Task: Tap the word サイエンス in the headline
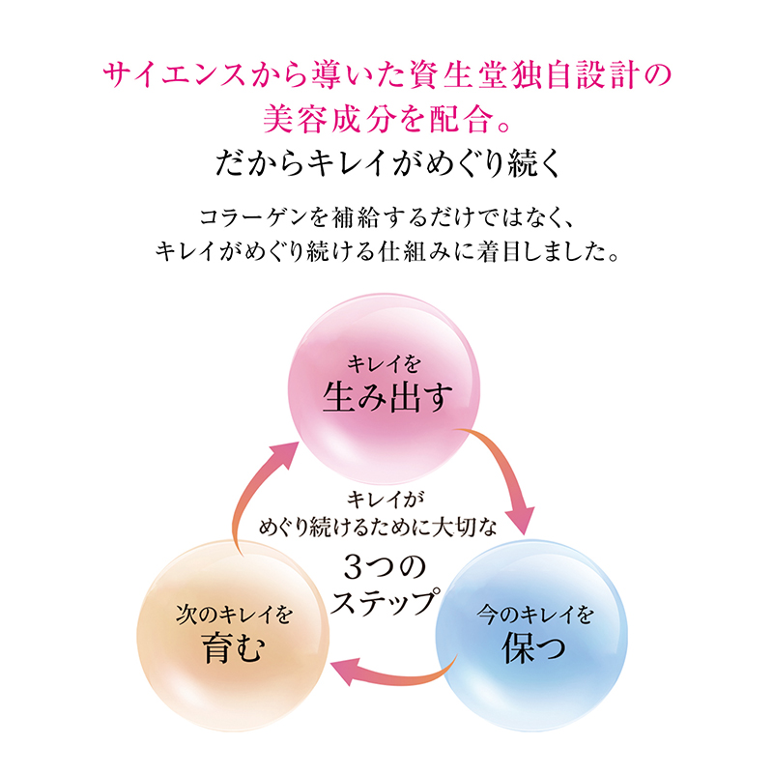[174, 75]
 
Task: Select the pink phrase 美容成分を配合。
[387, 119]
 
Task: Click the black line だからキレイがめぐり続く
[388, 162]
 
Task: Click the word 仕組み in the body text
[413, 252]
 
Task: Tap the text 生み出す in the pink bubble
[387, 397]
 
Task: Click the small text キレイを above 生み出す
[384, 365]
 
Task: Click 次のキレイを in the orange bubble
[234, 615]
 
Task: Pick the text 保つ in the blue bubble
[533, 646]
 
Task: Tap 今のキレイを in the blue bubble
[534, 615]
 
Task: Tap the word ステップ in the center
[386, 601]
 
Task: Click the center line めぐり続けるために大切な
[378, 528]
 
